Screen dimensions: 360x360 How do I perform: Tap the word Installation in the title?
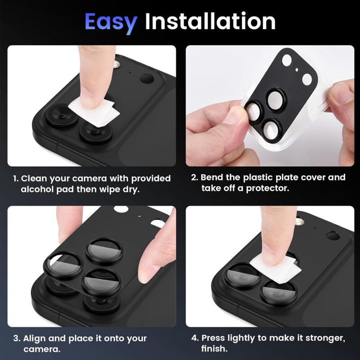coord(210,21)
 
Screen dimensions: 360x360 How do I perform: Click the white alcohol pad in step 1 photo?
coord(94,111)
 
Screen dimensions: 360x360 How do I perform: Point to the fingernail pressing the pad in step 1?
coord(87,98)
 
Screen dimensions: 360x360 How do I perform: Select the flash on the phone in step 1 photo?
coord(117,64)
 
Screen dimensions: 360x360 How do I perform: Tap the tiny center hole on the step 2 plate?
coord(297,70)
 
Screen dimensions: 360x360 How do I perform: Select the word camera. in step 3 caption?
coord(42,350)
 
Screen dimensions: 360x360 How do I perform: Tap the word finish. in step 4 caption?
coord(215,348)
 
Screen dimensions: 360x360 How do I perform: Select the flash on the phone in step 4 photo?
coord(300,221)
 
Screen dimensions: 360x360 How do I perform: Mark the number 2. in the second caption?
coord(195,177)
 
